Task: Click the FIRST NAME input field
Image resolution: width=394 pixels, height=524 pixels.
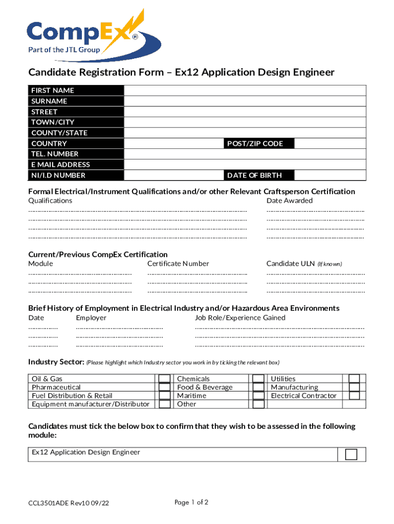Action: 245,91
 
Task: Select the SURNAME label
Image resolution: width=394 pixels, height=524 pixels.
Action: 50,101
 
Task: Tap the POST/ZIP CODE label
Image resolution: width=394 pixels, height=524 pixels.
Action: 255,144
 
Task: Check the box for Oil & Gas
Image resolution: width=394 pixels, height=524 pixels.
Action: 165,379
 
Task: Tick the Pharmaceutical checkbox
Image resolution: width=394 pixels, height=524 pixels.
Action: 165,387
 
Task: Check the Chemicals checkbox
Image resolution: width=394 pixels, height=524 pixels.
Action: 259,379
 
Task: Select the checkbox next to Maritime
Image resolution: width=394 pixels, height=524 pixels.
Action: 259,396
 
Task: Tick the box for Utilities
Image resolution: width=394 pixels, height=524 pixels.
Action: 354,379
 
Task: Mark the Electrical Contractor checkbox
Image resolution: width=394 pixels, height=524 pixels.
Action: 354,396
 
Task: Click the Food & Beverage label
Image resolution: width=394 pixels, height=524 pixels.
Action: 205,387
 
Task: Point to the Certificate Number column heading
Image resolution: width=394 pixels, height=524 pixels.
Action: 178,264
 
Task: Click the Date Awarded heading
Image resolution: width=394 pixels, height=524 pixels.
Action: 290,201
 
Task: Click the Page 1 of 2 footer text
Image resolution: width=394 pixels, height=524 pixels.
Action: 191,503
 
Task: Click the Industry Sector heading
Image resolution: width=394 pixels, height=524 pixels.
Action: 56,362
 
